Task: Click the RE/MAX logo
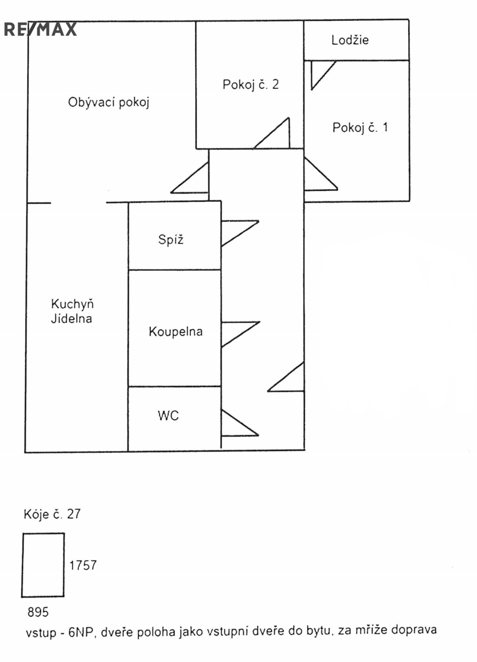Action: (x=40, y=29)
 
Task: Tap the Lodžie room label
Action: (x=350, y=40)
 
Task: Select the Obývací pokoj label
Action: (x=109, y=103)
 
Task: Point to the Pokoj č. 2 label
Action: (x=251, y=85)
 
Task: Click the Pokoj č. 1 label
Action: (x=360, y=127)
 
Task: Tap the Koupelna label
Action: (x=175, y=332)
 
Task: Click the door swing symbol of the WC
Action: (x=237, y=423)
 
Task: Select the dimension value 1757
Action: (x=83, y=565)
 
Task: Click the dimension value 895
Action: (x=38, y=612)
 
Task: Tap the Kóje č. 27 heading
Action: (x=51, y=514)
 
